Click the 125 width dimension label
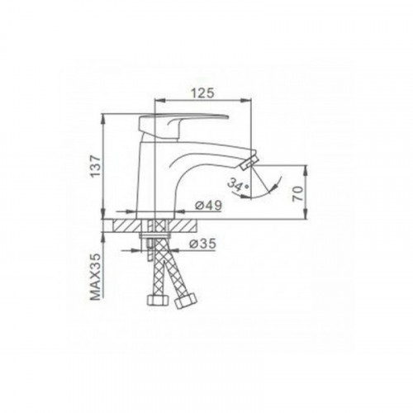click(x=202, y=93)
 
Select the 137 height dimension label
click(x=96, y=166)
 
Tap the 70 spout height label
click(x=298, y=193)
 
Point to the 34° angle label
click(x=238, y=184)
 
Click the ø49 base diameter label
click(x=208, y=205)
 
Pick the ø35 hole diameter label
click(x=202, y=244)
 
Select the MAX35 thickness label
click(x=96, y=277)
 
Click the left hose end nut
click(x=158, y=300)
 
